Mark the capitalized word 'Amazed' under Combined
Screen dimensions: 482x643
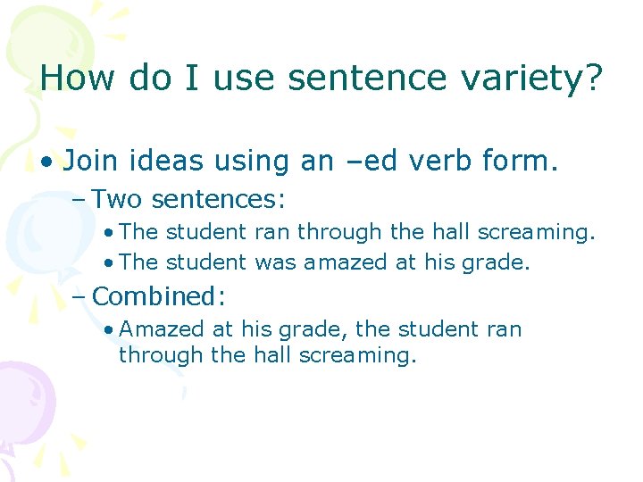[x=163, y=329]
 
